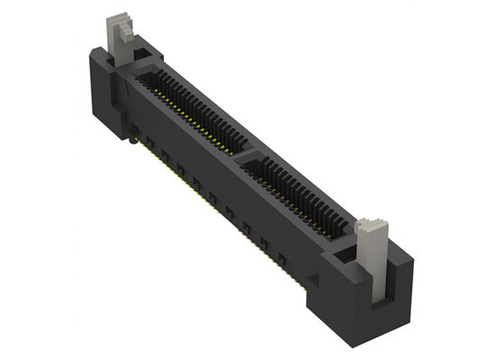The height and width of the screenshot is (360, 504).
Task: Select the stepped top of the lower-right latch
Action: (368, 227)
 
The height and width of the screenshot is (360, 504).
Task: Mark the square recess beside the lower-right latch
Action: (344, 260)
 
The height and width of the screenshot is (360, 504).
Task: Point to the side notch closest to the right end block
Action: (281, 261)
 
